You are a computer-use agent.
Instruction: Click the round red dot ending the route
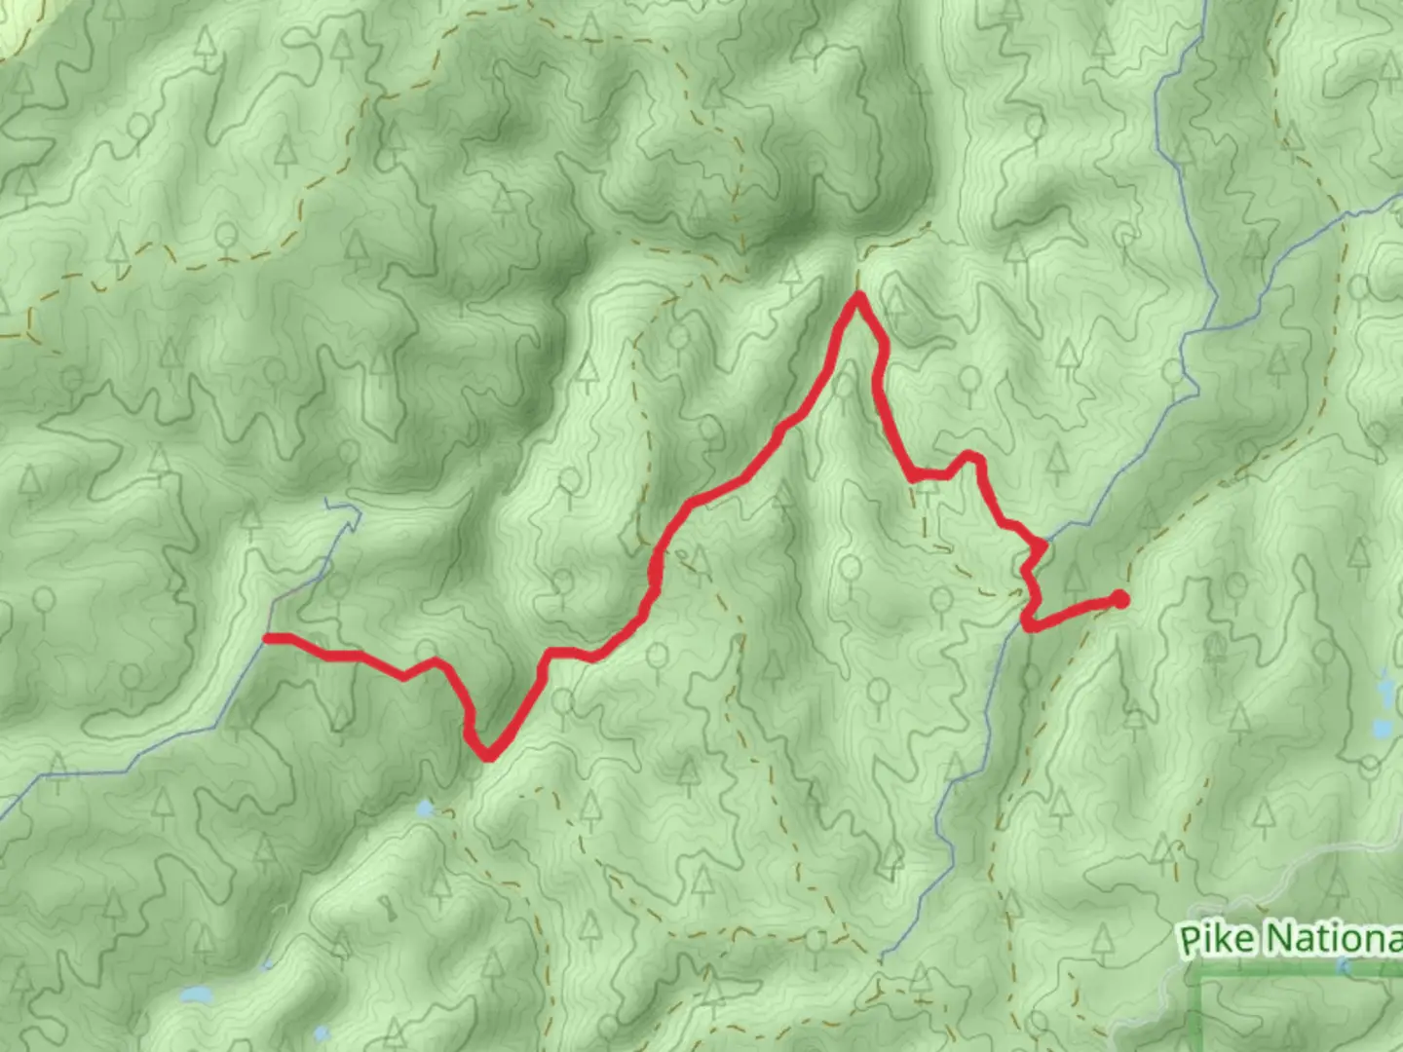[x=1120, y=600]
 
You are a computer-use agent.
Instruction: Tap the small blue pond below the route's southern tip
[x=425, y=808]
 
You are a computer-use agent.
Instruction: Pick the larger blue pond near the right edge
[x=1382, y=728]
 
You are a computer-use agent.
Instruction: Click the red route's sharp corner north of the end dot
[x=1043, y=546]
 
